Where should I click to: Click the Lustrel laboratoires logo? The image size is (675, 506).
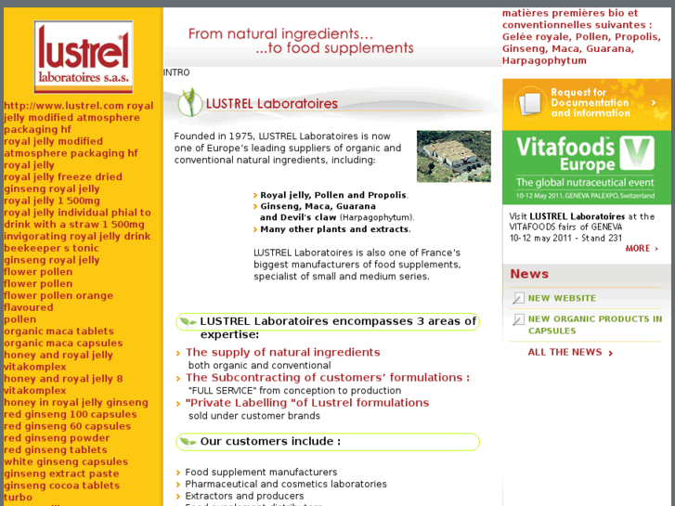(x=84, y=58)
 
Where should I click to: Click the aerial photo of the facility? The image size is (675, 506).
(x=453, y=156)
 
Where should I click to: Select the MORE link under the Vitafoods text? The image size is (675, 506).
(x=642, y=249)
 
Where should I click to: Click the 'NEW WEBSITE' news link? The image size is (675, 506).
(x=562, y=298)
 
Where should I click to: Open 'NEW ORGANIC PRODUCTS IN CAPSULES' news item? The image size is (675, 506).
(x=594, y=324)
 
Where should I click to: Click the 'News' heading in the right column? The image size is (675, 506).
(x=529, y=274)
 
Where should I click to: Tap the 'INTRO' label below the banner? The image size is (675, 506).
(x=176, y=72)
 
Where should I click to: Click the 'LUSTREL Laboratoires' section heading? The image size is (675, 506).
(x=272, y=104)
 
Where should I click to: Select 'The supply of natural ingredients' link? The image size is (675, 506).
(x=282, y=353)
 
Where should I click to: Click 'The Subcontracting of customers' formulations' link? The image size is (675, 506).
(x=327, y=378)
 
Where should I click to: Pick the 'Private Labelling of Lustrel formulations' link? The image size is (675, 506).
(x=306, y=403)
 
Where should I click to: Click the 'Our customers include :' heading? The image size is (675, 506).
(x=270, y=442)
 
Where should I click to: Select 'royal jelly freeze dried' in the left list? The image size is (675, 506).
(x=63, y=177)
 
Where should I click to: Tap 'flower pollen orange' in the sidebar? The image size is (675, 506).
(x=58, y=296)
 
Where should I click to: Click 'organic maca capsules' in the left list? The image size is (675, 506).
(x=63, y=344)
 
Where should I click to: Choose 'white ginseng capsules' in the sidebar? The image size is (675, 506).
(x=66, y=462)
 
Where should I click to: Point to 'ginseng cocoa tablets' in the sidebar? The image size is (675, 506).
(x=61, y=486)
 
